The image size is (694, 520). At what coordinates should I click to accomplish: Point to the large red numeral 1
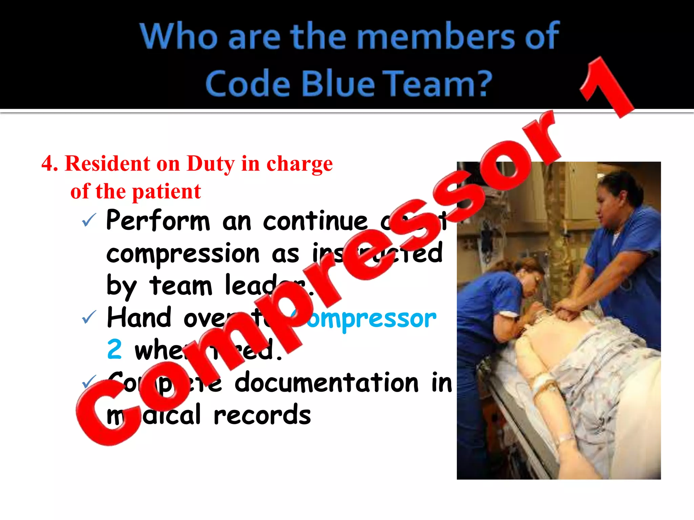coord(607,88)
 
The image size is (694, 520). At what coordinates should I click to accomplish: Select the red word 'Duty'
coord(210,164)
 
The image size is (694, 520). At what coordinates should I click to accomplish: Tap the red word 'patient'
coord(166,192)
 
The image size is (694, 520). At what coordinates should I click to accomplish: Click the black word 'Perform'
coord(158,220)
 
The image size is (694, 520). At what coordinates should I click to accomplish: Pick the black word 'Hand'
coord(139,318)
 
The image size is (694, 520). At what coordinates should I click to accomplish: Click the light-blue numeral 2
coord(114,349)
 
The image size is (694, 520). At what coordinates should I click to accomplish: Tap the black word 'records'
coord(262,415)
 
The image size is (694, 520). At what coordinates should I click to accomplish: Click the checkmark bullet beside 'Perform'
coord(89,220)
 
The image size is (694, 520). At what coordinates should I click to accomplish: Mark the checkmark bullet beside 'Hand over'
coord(89,318)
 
